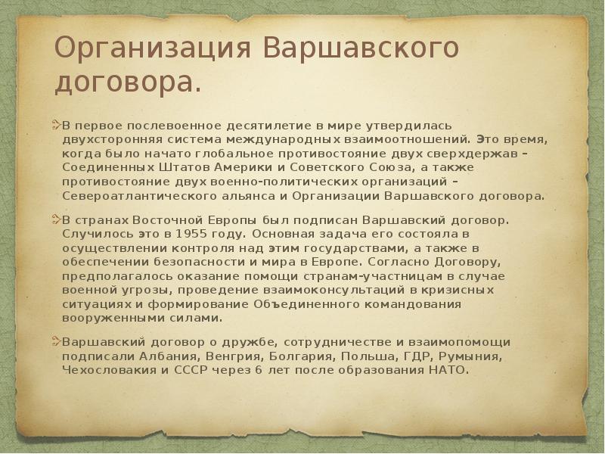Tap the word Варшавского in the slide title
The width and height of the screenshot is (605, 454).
[x=361, y=49]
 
